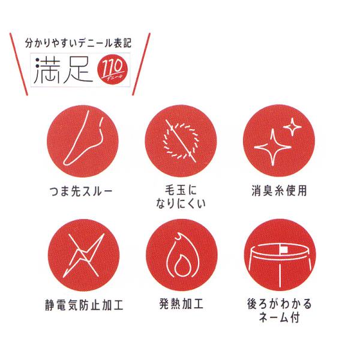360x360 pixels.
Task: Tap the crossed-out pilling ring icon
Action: [181, 142]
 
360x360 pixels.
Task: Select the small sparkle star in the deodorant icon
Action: [292, 127]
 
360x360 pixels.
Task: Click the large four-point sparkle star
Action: [273, 147]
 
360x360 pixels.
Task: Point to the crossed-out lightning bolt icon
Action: [84, 256]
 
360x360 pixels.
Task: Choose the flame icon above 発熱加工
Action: [181, 256]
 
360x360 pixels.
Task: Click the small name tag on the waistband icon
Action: [284, 250]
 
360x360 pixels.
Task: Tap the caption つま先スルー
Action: [81, 191]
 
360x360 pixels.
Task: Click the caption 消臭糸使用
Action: [279, 191]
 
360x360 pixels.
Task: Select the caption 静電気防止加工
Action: [84, 305]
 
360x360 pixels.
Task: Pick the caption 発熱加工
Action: [181, 304]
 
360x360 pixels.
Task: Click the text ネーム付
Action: [279, 317]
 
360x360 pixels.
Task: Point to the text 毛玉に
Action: [181, 190]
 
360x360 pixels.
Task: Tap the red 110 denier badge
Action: [113, 69]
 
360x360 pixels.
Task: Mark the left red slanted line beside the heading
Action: [19, 64]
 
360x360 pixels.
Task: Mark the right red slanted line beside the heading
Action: [141, 64]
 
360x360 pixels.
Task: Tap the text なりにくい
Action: [181, 203]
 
